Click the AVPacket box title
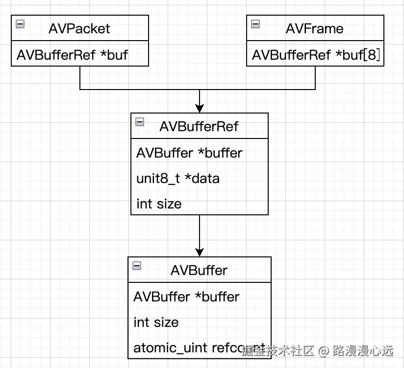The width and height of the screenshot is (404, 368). coord(79,28)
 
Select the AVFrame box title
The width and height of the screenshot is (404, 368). coord(314,28)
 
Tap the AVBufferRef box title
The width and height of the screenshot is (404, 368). coord(199,126)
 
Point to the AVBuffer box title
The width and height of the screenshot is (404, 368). coord(199,270)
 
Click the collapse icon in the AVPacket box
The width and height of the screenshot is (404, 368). coord(20,23)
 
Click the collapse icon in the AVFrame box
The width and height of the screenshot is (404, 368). coord(255,23)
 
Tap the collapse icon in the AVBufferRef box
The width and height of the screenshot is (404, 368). coord(140,122)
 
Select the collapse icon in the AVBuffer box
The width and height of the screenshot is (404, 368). coord(137,266)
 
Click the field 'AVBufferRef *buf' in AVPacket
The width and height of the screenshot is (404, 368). coord(72,55)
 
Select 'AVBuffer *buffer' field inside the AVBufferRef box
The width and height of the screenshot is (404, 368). coord(189,153)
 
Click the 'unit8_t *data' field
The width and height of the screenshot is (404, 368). coord(177,178)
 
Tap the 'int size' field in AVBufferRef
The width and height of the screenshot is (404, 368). coord(159,204)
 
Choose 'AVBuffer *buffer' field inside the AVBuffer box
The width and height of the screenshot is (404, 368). coord(186,297)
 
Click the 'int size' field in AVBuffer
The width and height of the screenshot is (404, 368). coord(156,322)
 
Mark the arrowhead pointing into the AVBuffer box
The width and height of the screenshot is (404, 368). coord(200,252)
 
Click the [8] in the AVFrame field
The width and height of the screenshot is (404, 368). coord(373,55)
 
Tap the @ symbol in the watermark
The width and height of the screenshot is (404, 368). coord(323,351)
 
